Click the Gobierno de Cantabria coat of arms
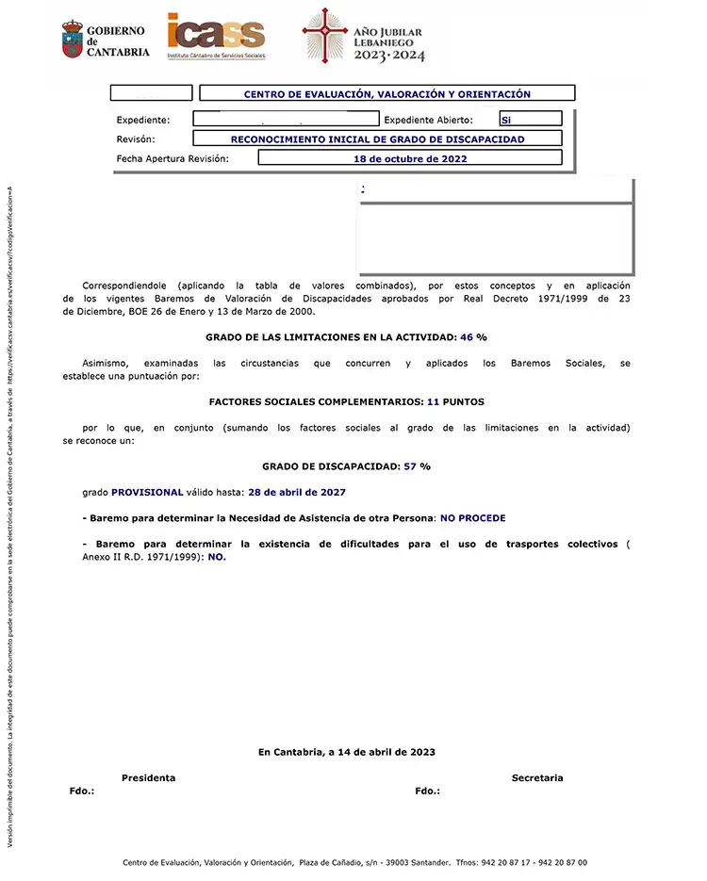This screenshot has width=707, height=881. (73, 40)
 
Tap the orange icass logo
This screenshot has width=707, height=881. (215, 36)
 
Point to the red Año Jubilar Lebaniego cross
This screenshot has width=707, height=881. (325, 36)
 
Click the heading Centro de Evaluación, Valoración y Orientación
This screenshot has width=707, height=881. (386, 94)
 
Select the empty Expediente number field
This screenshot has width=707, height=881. (285, 120)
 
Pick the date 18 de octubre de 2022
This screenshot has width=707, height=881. (409, 158)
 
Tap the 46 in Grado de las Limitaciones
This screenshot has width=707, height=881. (466, 336)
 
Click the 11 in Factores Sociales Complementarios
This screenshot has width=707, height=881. (434, 401)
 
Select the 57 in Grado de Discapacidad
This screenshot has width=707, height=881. (410, 465)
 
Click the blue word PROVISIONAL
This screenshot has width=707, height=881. (147, 492)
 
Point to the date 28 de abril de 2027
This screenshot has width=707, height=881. (297, 492)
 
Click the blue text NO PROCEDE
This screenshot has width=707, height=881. (472, 518)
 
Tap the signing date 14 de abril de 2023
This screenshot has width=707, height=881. (382, 752)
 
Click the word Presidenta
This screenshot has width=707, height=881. (148, 777)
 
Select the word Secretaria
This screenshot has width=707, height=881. (537, 777)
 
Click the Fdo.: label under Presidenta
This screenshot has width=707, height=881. (82, 791)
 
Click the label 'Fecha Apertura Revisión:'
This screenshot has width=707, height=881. (173, 158)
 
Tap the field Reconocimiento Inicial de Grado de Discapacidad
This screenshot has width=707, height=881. (377, 139)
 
